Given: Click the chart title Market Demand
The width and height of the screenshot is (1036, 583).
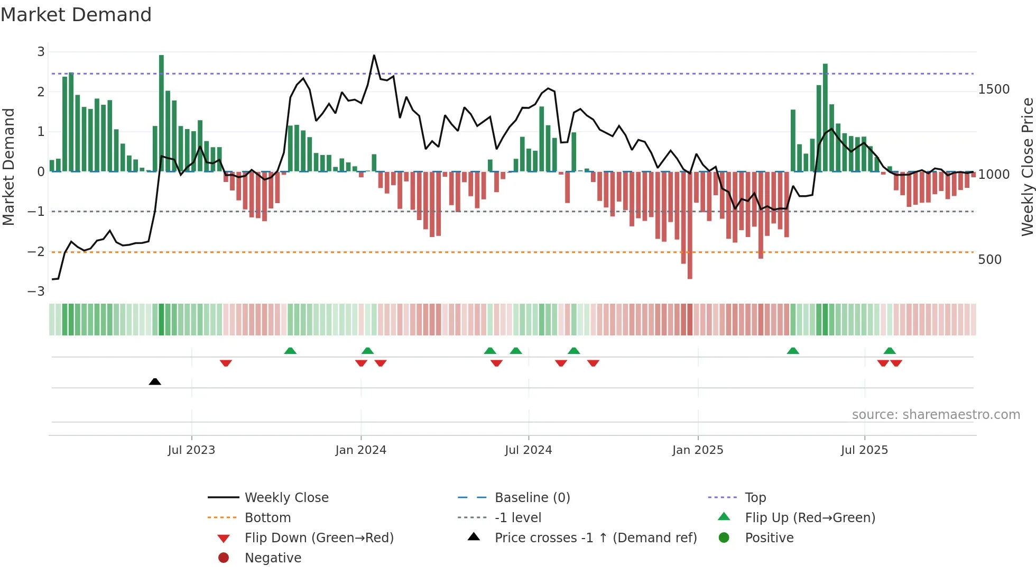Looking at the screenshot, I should pyautogui.click(x=76, y=15).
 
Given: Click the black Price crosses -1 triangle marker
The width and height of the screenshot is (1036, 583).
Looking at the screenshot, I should pyautogui.click(x=155, y=381).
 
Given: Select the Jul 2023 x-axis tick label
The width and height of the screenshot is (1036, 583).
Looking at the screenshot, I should pyautogui.click(x=191, y=450).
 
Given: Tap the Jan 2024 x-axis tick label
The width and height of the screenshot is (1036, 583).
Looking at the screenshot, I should pyautogui.click(x=360, y=450).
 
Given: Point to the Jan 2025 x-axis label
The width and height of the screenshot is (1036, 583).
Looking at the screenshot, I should pyautogui.click(x=697, y=450).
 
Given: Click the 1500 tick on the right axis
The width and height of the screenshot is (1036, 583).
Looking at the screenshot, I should pyautogui.click(x=993, y=89).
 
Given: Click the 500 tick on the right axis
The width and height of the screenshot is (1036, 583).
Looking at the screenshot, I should pyautogui.click(x=989, y=260).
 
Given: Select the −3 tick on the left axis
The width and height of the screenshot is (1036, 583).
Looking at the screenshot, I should pyautogui.click(x=36, y=291).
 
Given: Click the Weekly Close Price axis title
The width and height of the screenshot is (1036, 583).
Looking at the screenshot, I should pyautogui.click(x=1027, y=167).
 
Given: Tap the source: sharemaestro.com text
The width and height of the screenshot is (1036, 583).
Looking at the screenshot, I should pyautogui.click(x=936, y=415).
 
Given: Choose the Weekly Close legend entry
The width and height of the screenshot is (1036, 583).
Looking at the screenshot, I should pyautogui.click(x=286, y=498).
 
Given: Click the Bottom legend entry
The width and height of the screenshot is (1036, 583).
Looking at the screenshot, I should pyautogui.click(x=267, y=518).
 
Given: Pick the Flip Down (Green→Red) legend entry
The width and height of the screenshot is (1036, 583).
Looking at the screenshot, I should pyautogui.click(x=319, y=538).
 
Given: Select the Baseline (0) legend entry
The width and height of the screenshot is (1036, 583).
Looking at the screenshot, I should pyautogui.click(x=532, y=498).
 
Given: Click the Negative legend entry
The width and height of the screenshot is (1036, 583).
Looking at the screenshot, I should pyautogui.click(x=273, y=558).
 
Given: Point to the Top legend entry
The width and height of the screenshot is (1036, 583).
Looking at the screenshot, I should pyautogui.click(x=755, y=498).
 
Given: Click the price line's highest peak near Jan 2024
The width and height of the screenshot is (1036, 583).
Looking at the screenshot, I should pyautogui.click(x=374, y=56).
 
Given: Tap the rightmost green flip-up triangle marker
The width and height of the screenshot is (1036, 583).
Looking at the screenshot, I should pyautogui.click(x=890, y=351).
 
